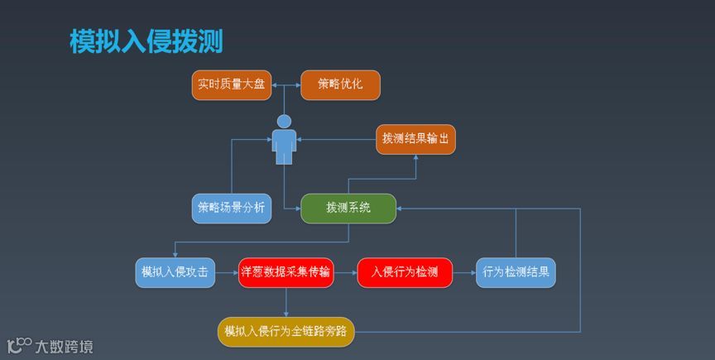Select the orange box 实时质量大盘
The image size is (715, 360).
point(232,85)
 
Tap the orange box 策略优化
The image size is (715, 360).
point(340,85)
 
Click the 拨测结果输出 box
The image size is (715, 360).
point(415,139)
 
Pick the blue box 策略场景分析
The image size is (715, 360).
point(232,209)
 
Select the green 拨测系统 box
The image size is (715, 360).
point(348,209)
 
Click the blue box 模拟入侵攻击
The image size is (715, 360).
point(175,272)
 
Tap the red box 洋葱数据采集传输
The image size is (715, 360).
point(286,272)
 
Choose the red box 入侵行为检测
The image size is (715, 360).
point(405,272)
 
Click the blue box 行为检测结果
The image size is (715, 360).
point(516,272)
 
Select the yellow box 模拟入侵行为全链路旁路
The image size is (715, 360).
point(286,331)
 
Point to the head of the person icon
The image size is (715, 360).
point(285,121)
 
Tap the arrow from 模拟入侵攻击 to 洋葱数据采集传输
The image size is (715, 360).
point(226,272)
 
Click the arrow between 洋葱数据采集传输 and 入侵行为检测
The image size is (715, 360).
point(345,272)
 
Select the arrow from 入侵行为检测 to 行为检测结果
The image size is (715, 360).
point(464,272)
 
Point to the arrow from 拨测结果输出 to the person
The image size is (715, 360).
point(336,140)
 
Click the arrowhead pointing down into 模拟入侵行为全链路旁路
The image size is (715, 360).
point(286,313)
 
